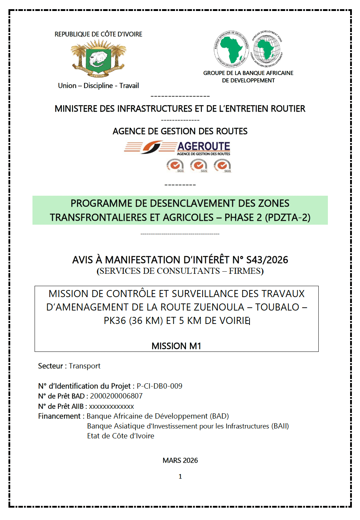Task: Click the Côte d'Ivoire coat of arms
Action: pos(98,59)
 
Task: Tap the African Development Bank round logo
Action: pos(231,49)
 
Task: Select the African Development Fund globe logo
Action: pos(266,49)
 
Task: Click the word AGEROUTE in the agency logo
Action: pos(204,146)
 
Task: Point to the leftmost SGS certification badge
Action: pos(175,165)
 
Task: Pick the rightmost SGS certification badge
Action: pos(222,165)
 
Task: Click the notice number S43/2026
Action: pos(267,260)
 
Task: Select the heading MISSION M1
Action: pos(176,346)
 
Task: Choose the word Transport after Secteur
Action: pos(85,366)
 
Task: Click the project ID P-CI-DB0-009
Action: pos(160,386)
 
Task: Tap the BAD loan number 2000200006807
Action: pos(116,396)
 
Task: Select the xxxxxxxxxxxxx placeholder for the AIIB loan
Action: pos(112,406)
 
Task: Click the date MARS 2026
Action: pos(180,460)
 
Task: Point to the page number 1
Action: pos(180,477)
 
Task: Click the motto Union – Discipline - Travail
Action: pos(98,85)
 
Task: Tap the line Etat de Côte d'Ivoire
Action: pos(121,436)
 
